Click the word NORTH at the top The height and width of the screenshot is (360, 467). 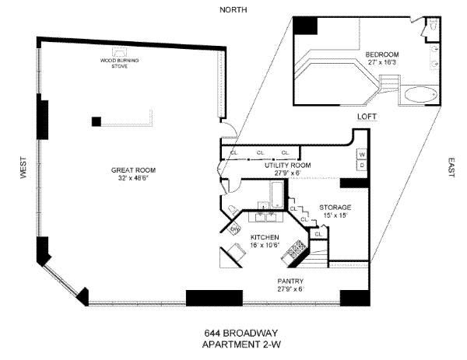pyautogui.click(x=233, y=9)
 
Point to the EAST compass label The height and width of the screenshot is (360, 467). pyautogui.click(x=451, y=166)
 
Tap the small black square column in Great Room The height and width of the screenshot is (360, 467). pyautogui.click(x=97, y=121)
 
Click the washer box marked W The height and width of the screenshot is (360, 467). pyautogui.click(x=362, y=154)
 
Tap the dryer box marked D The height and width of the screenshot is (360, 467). pyautogui.click(x=362, y=165)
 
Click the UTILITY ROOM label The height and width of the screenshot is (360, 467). pyautogui.click(x=287, y=166)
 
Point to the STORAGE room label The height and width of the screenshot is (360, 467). pyautogui.click(x=335, y=208)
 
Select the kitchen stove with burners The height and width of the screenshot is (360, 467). pyautogui.click(x=296, y=250)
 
